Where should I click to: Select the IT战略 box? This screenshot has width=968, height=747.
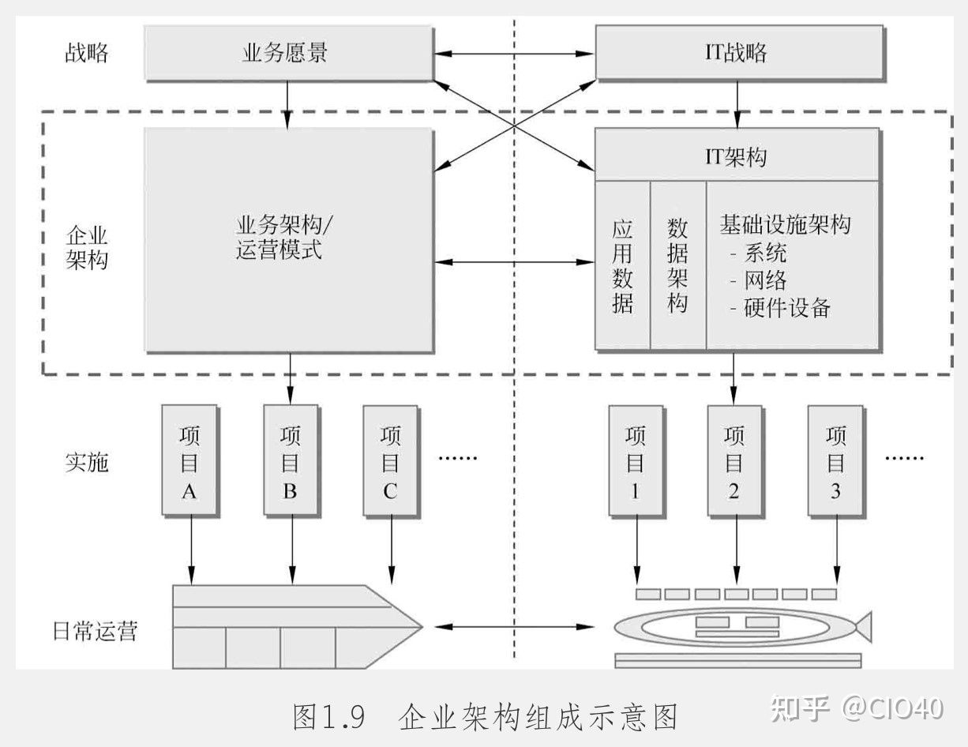[x=736, y=53]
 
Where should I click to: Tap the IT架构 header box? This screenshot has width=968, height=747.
[x=736, y=156]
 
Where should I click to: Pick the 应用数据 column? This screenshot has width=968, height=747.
[x=622, y=265]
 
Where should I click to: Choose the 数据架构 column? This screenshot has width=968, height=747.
[x=677, y=265]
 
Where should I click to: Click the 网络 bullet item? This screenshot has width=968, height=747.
[x=765, y=280]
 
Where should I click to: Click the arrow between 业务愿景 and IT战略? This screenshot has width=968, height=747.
[x=513, y=54]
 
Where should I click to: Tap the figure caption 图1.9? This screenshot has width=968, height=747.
[x=328, y=717]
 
